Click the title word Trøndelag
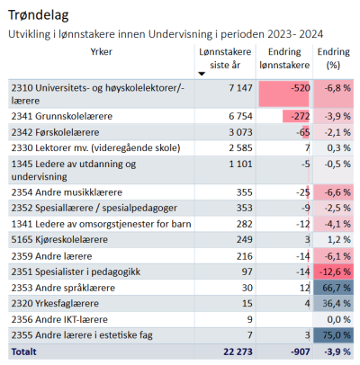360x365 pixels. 39,15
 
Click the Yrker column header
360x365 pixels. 102,52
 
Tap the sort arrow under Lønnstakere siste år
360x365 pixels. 202,74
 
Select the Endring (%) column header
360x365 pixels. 334,58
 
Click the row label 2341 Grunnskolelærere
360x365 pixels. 62,116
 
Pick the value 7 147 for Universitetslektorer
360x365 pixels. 240,88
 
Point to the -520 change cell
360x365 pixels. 301,88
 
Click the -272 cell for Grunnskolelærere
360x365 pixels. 301,116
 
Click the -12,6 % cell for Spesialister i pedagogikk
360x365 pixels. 335,272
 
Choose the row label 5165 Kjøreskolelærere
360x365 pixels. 59,240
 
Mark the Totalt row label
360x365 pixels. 23,352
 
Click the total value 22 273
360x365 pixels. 238,352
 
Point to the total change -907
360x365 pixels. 301,352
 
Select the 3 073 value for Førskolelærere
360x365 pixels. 240,132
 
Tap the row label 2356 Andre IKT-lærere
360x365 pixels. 59,320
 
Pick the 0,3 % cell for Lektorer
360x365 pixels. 338,148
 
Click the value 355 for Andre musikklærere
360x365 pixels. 244,192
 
